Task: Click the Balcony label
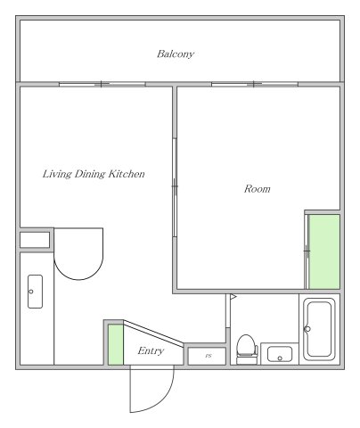(x=176, y=54)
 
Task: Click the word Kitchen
(x=126, y=174)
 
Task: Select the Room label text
(x=258, y=189)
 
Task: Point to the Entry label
(x=151, y=351)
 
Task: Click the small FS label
(x=209, y=356)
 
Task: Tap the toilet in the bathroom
(x=247, y=350)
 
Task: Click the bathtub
(x=319, y=329)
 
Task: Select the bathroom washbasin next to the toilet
(x=280, y=354)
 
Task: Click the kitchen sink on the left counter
(x=35, y=292)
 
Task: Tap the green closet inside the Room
(x=324, y=251)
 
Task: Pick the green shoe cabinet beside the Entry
(x=116, y=344)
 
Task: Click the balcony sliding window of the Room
(x=255, y=85)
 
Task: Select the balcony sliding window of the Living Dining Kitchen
(x=102, y=85)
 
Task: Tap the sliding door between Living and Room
(x=175, y=187)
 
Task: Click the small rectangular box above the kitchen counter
(x=35, y=240)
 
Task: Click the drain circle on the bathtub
(x=307, y=329)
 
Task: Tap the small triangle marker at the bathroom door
(x=233, y=297)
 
